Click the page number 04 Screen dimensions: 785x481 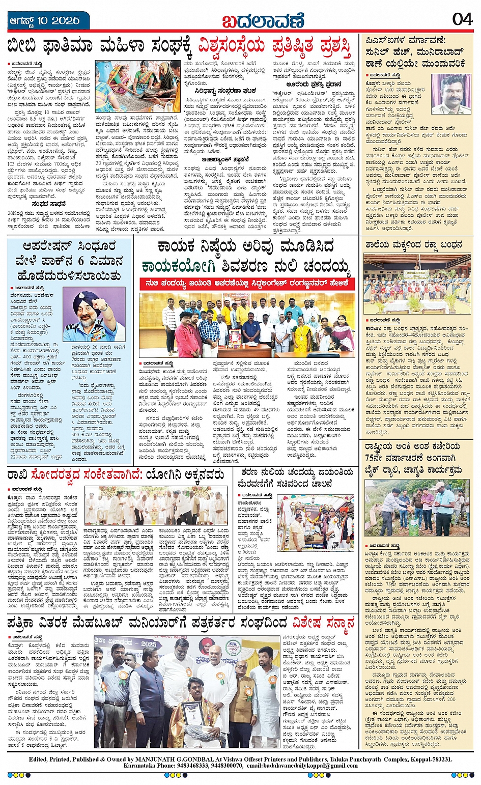462,19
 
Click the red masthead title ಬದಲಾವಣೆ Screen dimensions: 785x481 263,21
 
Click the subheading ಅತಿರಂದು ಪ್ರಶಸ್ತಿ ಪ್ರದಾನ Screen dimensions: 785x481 313,84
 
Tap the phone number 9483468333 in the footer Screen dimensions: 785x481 184,765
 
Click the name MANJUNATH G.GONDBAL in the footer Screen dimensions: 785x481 167,759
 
